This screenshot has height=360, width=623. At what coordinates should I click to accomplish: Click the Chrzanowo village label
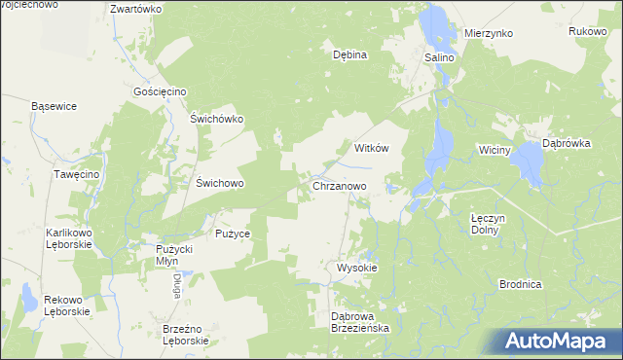coord(339,185)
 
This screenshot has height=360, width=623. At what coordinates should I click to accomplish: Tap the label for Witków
coord(372,148)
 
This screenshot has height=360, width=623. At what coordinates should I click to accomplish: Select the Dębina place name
coord(349,54)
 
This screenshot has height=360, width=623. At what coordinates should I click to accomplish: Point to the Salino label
coord(439,58)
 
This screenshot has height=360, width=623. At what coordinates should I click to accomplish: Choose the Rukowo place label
coord(588,31)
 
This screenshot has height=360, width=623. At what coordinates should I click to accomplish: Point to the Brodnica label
coord(520,284)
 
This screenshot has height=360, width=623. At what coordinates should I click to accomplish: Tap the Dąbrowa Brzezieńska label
coord(360,322)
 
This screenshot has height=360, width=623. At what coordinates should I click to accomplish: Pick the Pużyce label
coord(234,234)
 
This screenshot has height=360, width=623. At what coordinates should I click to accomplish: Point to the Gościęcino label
coord(160,91)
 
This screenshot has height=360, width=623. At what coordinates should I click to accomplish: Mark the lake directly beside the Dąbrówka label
coord(531,162)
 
